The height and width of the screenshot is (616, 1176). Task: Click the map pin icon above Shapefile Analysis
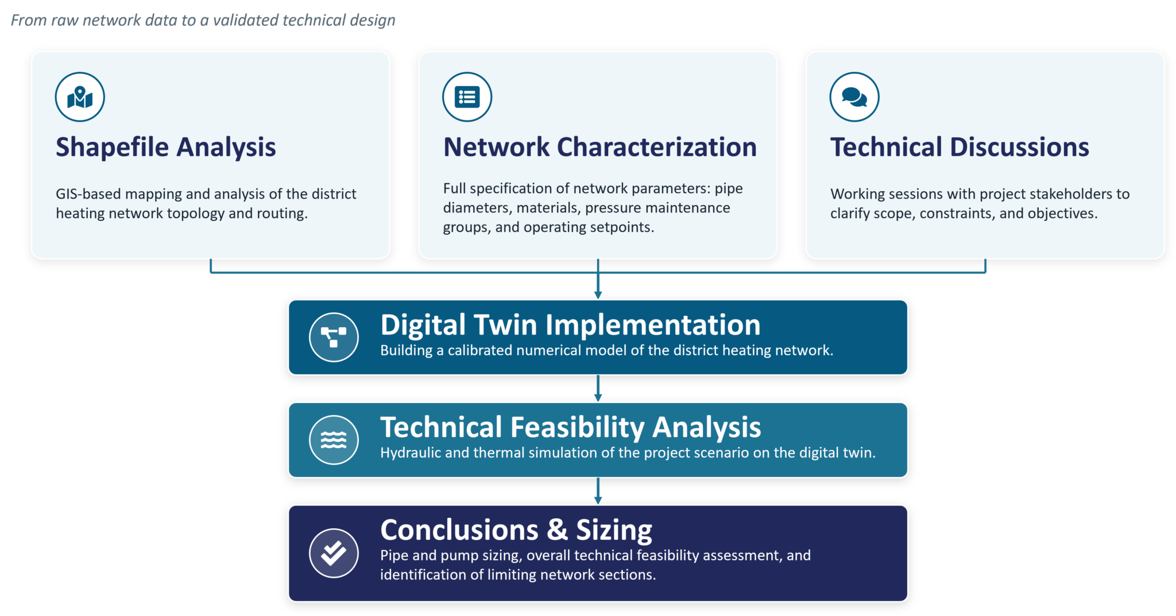click(80, 97)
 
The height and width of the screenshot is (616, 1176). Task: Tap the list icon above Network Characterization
click(467, 97)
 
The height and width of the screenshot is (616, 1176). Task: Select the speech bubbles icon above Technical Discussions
click(854, 97)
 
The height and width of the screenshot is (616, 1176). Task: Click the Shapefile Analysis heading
click(166, 148)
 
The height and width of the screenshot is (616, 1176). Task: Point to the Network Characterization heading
click(600, 147)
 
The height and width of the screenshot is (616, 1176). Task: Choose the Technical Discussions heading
click(960, 147)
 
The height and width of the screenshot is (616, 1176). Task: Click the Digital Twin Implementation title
click(570, 325)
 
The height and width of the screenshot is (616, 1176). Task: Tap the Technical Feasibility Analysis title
click(571, 428)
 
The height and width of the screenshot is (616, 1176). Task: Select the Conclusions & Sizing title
click(516, 530)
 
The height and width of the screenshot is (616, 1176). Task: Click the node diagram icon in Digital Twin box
click(334, 337)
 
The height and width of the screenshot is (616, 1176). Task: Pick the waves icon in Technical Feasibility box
click(334, 440)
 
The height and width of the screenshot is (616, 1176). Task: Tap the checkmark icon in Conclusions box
click(334, 553)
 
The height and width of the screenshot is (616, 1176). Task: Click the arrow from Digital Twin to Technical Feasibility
click(598, 389)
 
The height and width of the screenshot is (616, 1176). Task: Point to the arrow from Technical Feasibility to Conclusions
click(598, 491)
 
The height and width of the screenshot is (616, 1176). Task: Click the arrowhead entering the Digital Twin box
click(598, 295)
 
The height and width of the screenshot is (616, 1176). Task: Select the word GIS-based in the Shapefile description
click(88, 194)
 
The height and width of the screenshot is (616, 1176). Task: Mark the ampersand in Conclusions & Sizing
click(557, 530)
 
